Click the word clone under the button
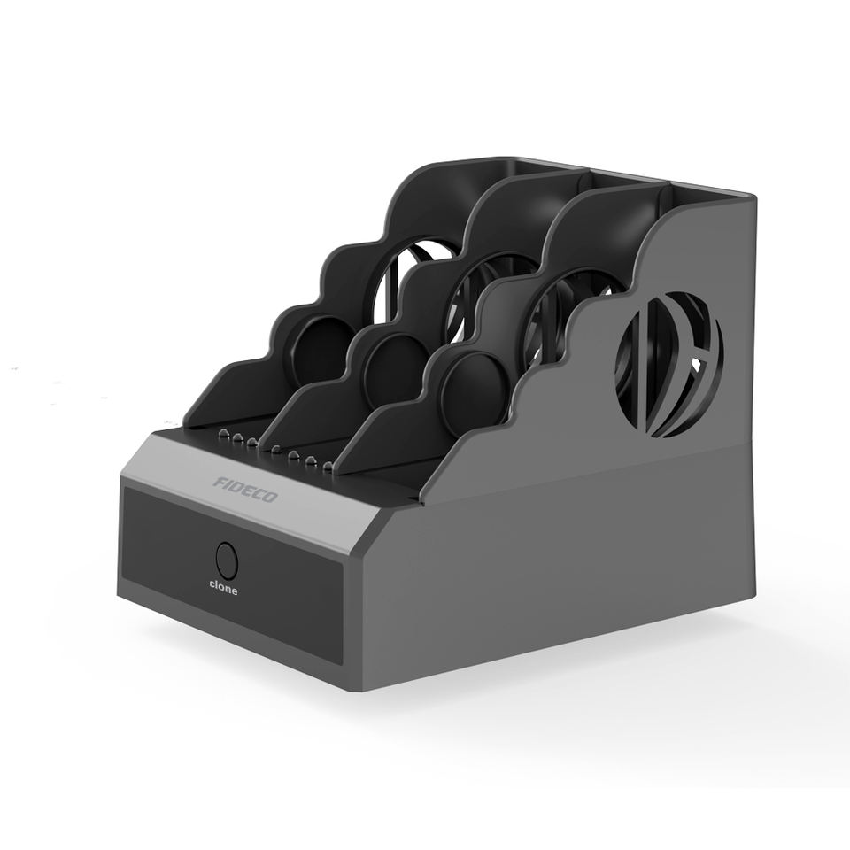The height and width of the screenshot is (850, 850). pyautogui.click(x=223, y=588)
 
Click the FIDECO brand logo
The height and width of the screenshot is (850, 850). pyautogui.click(x=245, y=490)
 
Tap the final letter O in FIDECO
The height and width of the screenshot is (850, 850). pyautogui.click(x=269, y=497)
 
